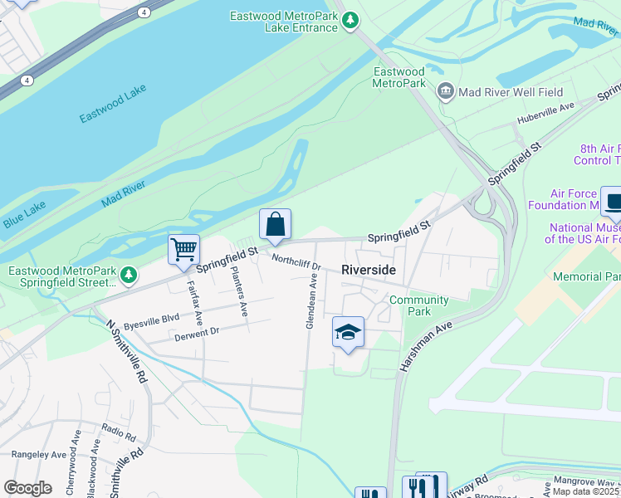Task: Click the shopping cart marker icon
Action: click(x=183, y=249)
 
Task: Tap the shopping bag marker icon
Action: click(x=275, y=224)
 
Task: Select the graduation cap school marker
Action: click(x=348, y=333)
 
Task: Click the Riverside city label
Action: click(x=369, y=271)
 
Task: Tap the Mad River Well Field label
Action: click(x=511, y=92)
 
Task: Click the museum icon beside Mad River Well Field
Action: click(x=446, y=90)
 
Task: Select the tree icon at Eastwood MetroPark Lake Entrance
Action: click(x=351, y=19)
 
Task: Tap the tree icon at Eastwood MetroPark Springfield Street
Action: click(x=128, y=274)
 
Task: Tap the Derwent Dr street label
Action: click(x=196, y=334)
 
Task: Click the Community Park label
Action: click(x=418, y=305)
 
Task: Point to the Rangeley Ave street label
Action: click(x=38, y=455)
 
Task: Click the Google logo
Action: click(x=27, y=487)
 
